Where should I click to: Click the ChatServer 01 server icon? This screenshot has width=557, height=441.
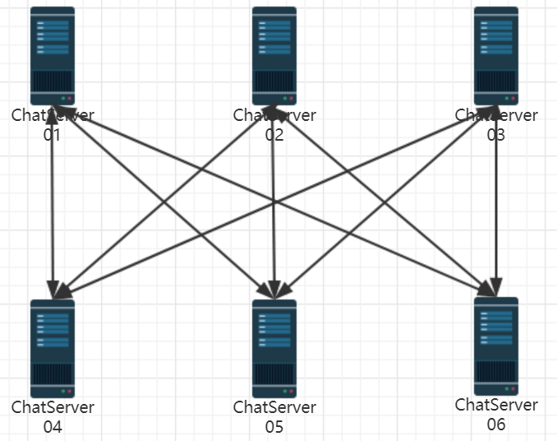tap(53, 54)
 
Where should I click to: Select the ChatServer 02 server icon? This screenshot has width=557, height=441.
tap(274, 54)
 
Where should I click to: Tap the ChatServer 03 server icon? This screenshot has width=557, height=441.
tap(496, 54)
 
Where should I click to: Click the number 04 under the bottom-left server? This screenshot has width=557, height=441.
tap(53, 426)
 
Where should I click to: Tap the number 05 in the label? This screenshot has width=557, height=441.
tap(274, 426)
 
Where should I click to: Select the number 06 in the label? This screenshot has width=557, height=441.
tap(496, 424)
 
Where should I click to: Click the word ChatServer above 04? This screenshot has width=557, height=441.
tap(53, 407)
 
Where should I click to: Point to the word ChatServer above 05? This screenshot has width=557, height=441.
tap(274, 407)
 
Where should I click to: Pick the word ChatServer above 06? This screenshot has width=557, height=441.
tap(496, 405)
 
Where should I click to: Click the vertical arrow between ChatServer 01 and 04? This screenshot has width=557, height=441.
tap(53, 206)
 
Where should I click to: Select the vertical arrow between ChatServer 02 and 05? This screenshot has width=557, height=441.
tap(274, 206)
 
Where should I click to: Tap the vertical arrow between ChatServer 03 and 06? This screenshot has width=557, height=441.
tap(496, 206)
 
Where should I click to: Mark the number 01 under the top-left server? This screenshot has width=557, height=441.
tap(53, 134)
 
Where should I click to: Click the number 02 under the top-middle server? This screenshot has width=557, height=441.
tap(274, 134)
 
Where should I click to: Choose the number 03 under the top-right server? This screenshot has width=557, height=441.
tap(496, 134)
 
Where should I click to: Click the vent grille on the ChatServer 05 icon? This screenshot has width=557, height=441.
tap(274, 375)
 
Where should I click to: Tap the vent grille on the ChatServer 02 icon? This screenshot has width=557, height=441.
tap(274, 82)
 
